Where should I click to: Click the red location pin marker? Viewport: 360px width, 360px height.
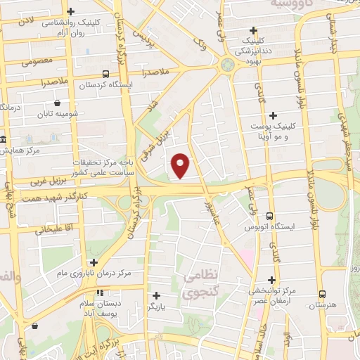[x=181, y=165]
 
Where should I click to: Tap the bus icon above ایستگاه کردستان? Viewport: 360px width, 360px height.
[x=105, y=74]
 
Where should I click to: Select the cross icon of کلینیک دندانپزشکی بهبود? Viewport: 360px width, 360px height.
[x=254, y=30]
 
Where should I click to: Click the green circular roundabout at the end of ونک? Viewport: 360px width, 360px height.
[x=228, y=65]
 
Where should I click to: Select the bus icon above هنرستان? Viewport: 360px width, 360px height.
[x=322, y=295]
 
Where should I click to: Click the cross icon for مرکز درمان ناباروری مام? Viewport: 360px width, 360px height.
[x=94, y=262]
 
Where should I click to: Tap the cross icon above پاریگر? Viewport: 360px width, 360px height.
[x=156, y=295]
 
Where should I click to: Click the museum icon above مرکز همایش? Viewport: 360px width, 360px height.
[x=4, y=139]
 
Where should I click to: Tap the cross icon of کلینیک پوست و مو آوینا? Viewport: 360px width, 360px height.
[x=274, y=115]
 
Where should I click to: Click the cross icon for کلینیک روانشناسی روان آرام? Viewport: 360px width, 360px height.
[x=71, y=12]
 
